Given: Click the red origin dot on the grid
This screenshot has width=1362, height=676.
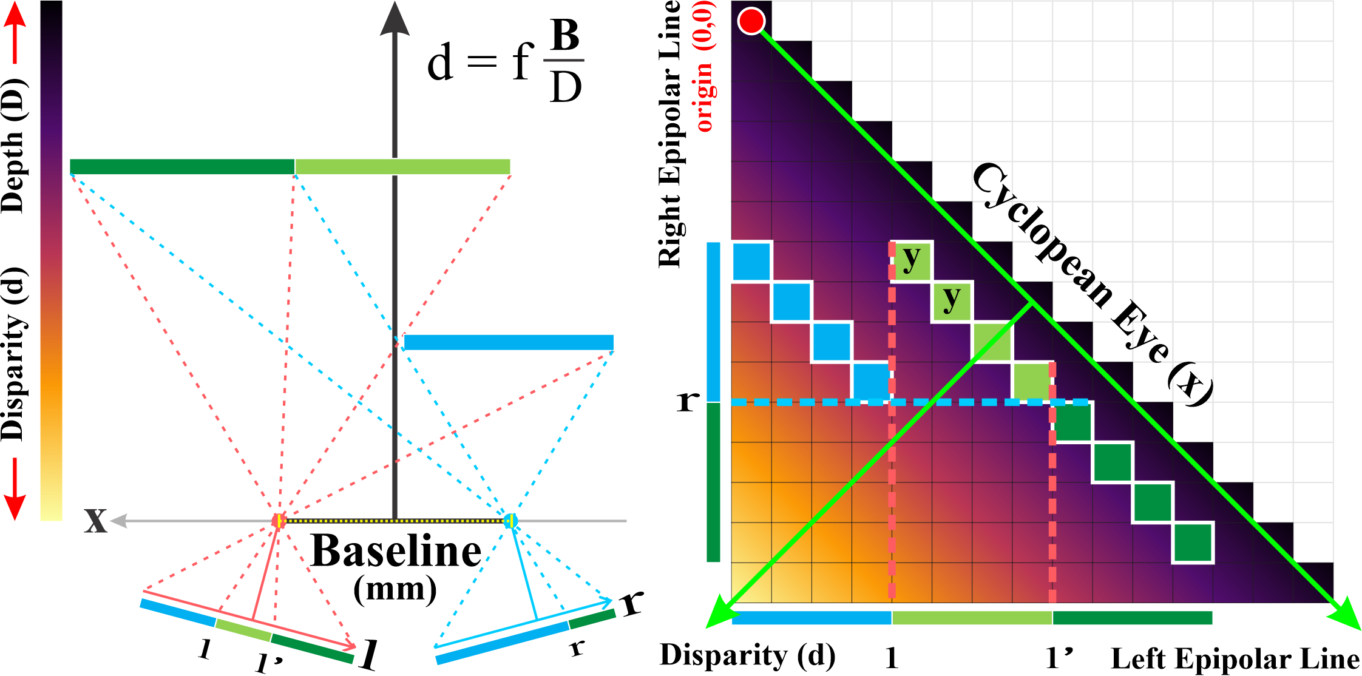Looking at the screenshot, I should pyautogui.click(x=751, y=21).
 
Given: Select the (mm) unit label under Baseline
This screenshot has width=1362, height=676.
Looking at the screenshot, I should pyautogui.click(x=395, y=589).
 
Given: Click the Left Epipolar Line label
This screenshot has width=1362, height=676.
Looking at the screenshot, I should pyautogui.click(x=1235, y=659).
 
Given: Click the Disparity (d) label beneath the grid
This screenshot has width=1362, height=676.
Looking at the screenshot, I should pyautogui.click(x=747, y=655).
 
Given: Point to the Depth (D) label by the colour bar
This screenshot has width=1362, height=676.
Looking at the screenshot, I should pyautogui.click(x=13, y=146).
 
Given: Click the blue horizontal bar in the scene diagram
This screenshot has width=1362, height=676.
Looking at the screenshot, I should pyautogui.click(x=509, y=342).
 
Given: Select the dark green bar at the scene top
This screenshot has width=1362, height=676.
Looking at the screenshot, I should pyautogui.click(x=182, y=166).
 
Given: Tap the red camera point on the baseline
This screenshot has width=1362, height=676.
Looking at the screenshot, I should pyautogui.click(x=279, y=521).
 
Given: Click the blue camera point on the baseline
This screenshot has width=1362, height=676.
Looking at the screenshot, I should pyautogui.click(x=510, y=521).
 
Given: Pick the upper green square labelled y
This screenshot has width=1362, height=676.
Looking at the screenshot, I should pyautogui.click(x=912, y=260).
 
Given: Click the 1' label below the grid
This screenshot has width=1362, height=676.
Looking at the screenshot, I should pyautogui.click(x=1059, y=658).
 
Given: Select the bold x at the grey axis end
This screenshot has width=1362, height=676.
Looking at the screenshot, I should pyautogui.click(x=96, y=521).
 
